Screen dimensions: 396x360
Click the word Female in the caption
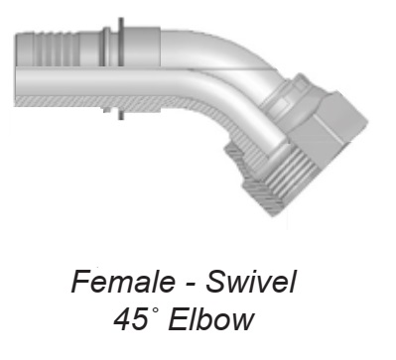pyautogui.click(x=123, y=282)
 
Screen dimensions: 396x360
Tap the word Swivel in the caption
pyautogui.click(x=251, y=282)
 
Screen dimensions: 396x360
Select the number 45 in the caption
pyautogui.click(x=130, y=319)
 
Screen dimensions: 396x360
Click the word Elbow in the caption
pyautogui.click(x=211, y=319)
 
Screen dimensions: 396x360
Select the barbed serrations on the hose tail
pyautogui.click(x=52, y=49)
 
